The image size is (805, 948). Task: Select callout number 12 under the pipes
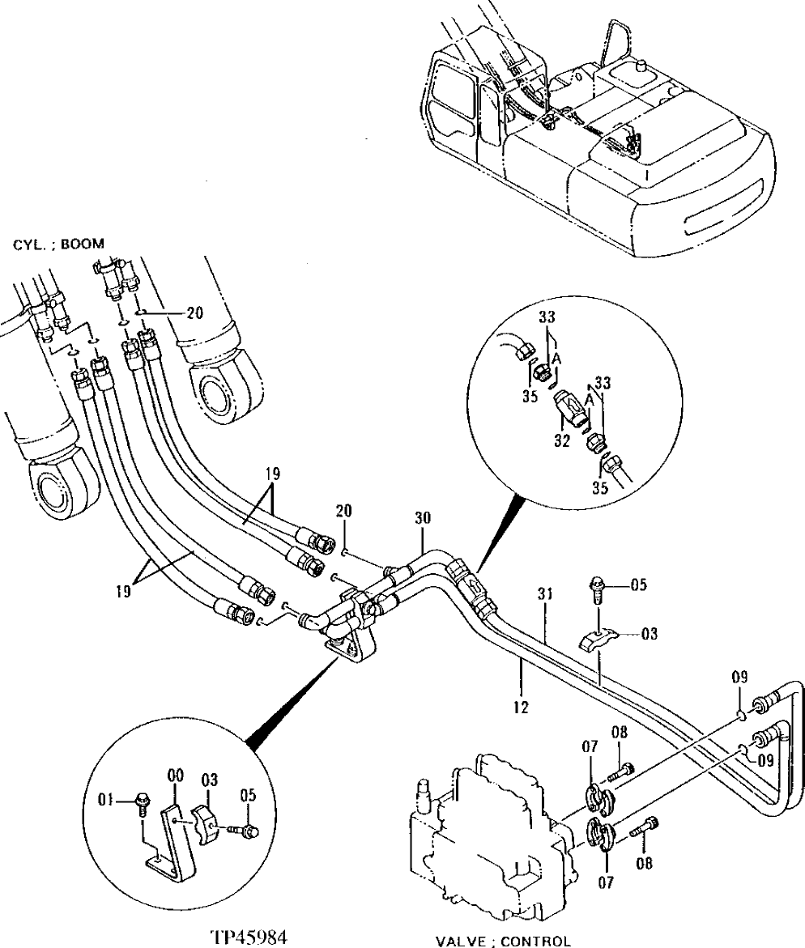[520, 707]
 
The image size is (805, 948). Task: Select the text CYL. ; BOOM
[58, 242]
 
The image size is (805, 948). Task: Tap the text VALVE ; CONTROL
[503, 941]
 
